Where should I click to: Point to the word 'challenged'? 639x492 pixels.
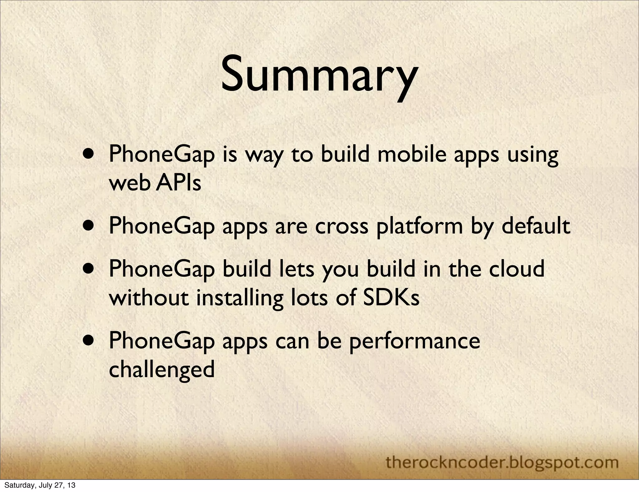pos(162,369)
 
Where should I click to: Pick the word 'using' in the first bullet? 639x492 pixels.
pos(532,155)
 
